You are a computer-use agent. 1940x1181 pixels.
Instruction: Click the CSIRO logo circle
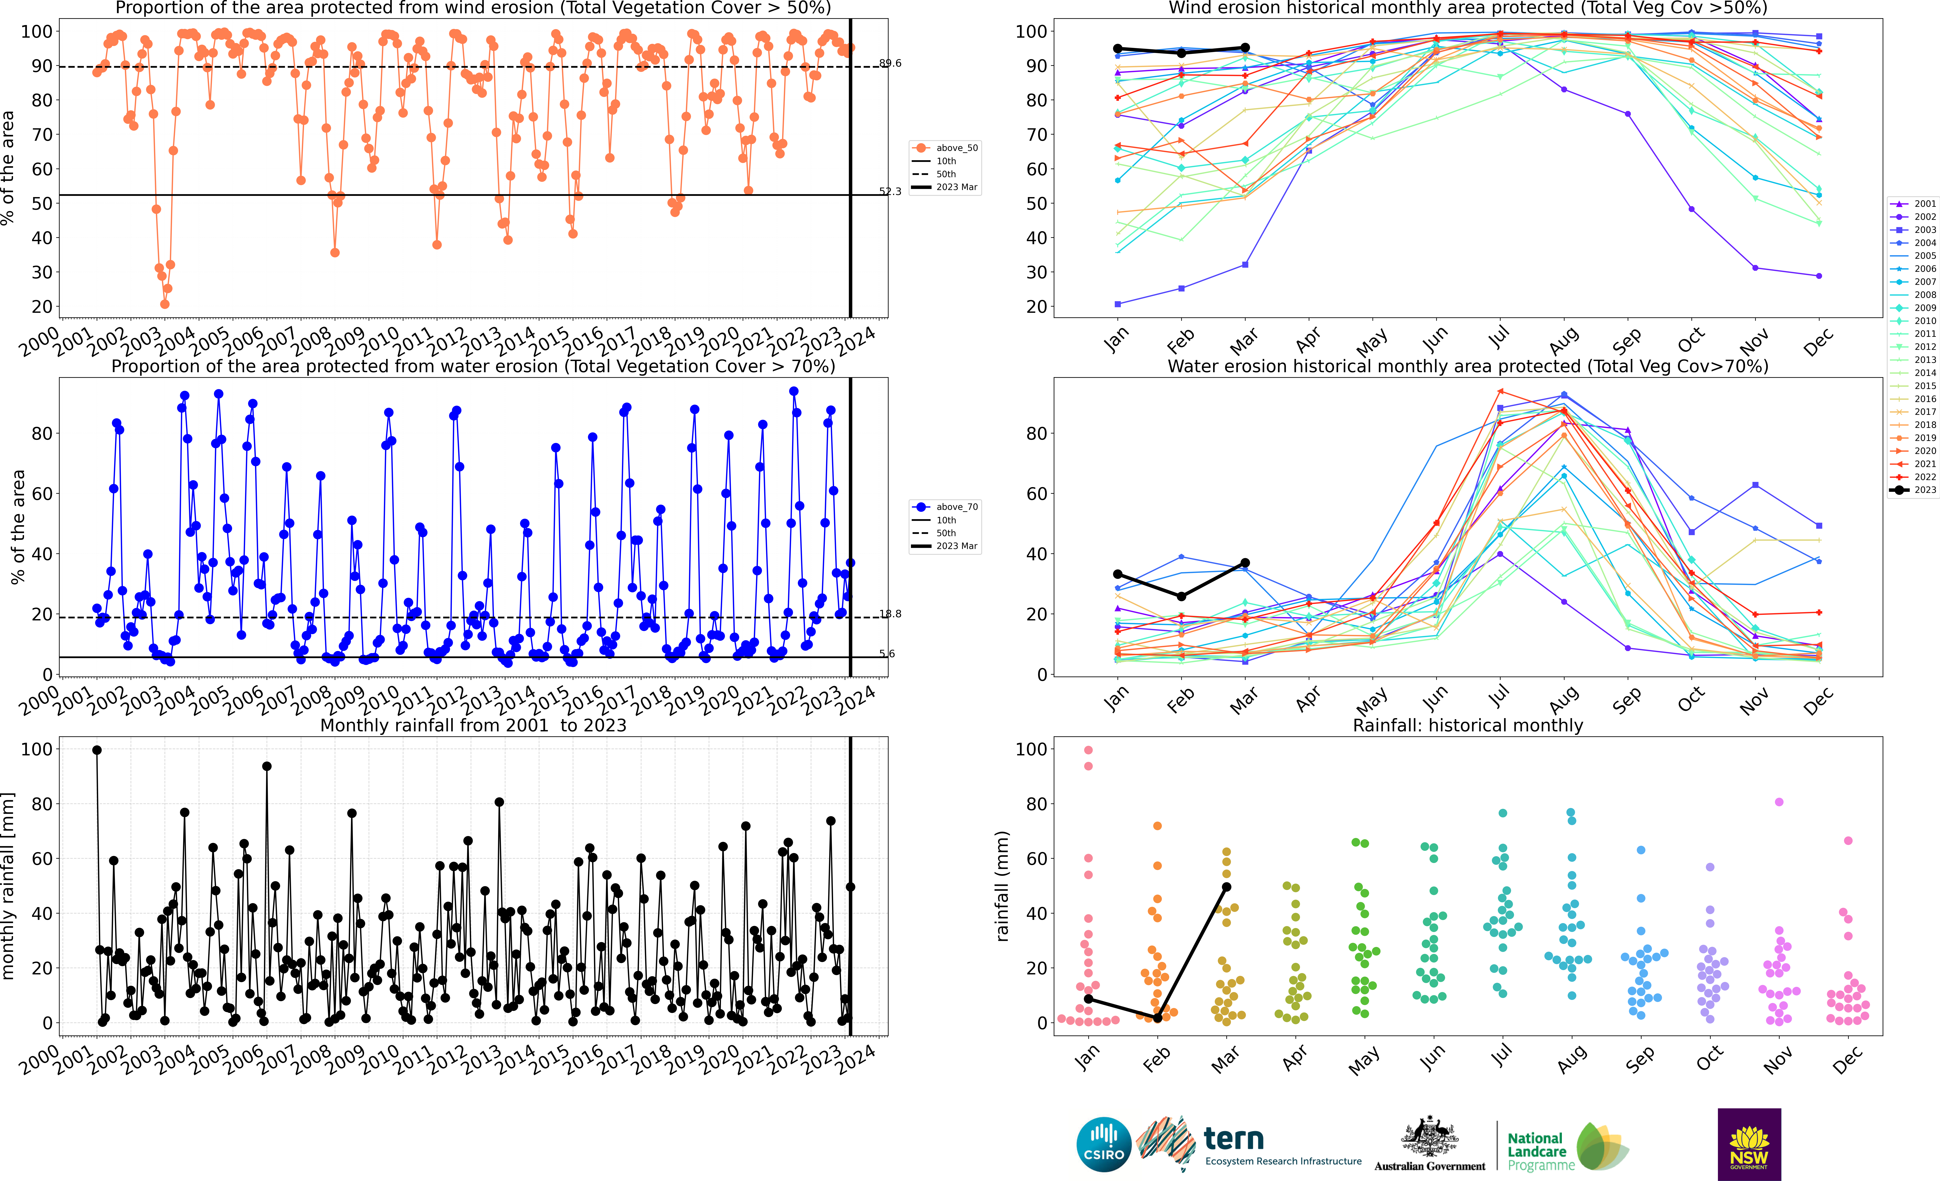click(x=1104, y=1144)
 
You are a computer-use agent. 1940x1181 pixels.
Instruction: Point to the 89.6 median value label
click(x=890, y=63)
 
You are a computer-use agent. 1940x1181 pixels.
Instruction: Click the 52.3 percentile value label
click(x=890, y=191)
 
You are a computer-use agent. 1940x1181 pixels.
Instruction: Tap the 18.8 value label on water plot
click(x=890, y=614)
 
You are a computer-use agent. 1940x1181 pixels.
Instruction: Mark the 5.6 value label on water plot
click(x=887, y=654)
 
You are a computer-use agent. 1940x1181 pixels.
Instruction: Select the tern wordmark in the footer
click(x=1234, y=1139)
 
